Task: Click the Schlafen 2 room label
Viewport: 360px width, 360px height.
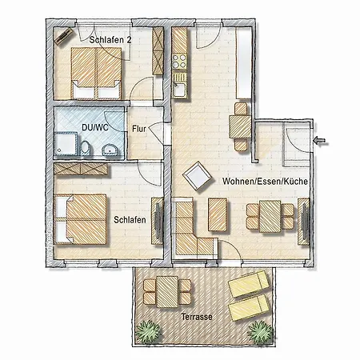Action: point(110,40)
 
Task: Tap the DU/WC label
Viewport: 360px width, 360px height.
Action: point(95,127)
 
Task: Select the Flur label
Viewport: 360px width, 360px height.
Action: point(139,129)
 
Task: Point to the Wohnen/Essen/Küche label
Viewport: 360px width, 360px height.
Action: point(265,182)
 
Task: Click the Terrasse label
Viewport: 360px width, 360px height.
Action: point(197,317)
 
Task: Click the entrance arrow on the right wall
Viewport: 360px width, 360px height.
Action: point(320,141)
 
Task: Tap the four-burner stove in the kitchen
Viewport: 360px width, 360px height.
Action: point(179,61)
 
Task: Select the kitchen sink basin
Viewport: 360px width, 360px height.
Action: point(179,90)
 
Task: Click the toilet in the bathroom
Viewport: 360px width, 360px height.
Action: point(85,148)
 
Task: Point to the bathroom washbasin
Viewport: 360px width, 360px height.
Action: point(110,150)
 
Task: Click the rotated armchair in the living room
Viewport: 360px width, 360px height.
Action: point(197,176)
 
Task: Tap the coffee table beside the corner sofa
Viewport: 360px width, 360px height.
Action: point(218,214)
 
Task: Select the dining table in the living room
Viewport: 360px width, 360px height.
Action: point(270,216)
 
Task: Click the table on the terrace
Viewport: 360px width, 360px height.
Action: point(167,292)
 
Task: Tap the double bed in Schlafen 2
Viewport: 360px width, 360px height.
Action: point(96,73)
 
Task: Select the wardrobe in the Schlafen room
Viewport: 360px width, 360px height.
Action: point(81,169)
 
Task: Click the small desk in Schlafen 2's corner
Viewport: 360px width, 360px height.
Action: point(63,36)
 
